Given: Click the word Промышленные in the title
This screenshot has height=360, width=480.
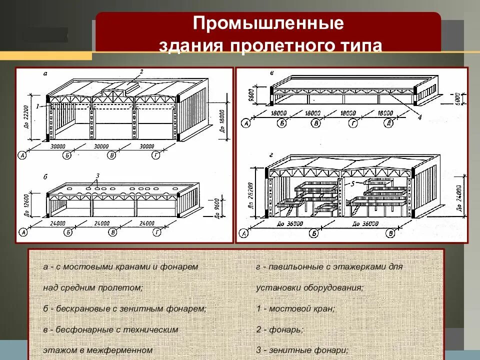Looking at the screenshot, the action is tap(268, 23).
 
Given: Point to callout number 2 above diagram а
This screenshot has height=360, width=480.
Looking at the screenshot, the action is tap(141, 72).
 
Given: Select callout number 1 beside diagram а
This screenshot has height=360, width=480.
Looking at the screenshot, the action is tap(37, 105).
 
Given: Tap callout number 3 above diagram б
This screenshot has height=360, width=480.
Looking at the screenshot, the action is tap(98, 175).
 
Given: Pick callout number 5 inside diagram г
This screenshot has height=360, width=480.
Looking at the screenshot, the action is tap(352, 183).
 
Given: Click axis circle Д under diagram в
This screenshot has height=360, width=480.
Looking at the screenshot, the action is tap(388, 123).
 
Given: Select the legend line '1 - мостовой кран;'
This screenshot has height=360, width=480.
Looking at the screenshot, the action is tap(294, 308).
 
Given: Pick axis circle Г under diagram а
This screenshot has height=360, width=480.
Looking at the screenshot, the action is tap(156, 155).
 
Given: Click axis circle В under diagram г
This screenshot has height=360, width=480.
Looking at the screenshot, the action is tap(390, 233).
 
